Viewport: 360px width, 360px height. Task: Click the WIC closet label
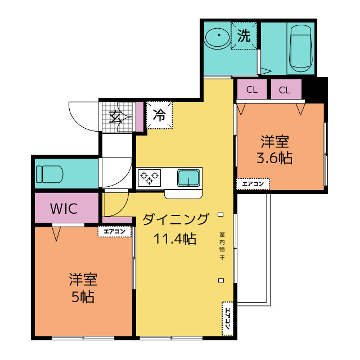(x=64, y=209)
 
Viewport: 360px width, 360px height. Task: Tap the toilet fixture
(x=49, y=174)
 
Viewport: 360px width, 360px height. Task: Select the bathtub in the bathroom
(x=301, y=48)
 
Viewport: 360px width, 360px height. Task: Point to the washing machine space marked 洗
(x=244, y=35)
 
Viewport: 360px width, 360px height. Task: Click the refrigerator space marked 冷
(x=159, y=115)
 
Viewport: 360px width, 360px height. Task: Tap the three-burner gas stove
(x=150, y=178)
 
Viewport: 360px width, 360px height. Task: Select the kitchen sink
(x=188, y=178)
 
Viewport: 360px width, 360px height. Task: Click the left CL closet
(x=252, y=89)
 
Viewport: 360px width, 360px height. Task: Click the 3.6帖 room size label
(x=274, y=158)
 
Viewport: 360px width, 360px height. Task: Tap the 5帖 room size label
(x=83, y=297)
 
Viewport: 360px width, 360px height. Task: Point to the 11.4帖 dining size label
(x=175, y=238)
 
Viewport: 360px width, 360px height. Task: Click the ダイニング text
(x=176, y=219)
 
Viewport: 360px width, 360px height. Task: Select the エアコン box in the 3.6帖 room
(x=253, y=184)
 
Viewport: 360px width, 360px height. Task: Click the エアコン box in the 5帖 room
(x=115, y=231)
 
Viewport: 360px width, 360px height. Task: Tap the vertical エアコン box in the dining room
(x=227, y=318)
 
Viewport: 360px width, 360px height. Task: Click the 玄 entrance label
(x=115, y=116)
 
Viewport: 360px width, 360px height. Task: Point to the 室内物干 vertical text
(x=222, y=246)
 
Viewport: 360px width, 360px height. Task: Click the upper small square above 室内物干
(x=220, y=214)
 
